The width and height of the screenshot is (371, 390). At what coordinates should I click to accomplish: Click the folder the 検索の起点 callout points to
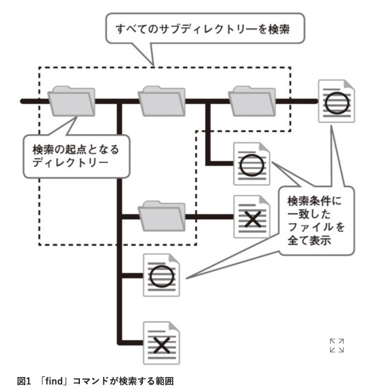point(71,101)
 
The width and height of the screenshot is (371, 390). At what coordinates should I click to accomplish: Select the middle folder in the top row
point(162,101)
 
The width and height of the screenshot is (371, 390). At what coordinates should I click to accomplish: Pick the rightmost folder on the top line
point(252,101)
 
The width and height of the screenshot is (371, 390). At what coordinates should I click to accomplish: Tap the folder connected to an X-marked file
point(162,216)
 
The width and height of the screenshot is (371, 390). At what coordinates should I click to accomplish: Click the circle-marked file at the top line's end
point(336,101)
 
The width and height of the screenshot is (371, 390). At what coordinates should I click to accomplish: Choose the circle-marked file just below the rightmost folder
point(251,164)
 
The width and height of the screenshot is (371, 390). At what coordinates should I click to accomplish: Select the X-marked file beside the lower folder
point(251,217)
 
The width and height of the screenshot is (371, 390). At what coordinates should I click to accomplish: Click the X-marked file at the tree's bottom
point(161,343)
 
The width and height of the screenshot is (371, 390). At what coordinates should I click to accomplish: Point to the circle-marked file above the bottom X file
point(161,275)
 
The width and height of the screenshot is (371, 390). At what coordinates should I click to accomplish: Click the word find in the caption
point(54,381)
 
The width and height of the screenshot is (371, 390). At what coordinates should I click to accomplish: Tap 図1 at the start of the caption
point(24,381)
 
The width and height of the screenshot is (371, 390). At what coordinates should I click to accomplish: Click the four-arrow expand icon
point(337,346)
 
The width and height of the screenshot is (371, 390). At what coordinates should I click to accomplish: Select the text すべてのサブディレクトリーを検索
point(203,29)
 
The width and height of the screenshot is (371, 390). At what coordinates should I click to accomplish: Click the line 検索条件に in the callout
point(314,201)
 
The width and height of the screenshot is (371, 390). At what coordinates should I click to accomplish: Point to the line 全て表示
point(309,240)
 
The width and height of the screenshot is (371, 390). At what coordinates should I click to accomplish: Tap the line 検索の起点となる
point(76,149)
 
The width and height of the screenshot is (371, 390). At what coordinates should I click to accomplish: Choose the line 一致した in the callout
point(309,214)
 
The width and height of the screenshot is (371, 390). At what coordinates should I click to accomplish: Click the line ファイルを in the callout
point(316,227)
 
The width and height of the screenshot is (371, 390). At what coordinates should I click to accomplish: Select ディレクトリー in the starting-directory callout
point(70,162)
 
